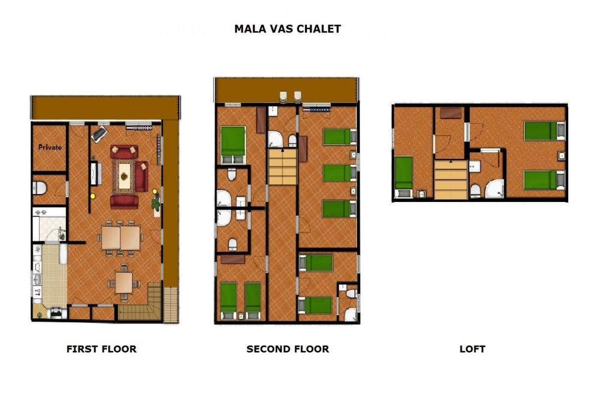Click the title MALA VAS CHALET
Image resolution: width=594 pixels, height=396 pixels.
point(288,29)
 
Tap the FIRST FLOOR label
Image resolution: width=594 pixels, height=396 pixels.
point(101,349)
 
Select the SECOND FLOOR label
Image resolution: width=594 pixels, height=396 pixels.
point(288,349)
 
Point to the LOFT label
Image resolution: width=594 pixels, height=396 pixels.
point(472,349)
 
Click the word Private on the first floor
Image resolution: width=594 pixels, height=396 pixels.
point(50,147)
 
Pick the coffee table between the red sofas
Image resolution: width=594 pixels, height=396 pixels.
point(124,176)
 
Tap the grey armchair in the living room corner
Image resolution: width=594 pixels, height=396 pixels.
point(99,134)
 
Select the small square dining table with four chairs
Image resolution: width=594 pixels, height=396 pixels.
point(124,283)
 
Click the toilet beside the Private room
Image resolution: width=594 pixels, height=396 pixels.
point(40,188)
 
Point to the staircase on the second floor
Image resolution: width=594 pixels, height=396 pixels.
point(283,167)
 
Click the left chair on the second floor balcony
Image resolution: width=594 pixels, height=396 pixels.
point(284,97)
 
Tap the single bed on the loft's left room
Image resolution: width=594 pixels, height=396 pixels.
point(403,177)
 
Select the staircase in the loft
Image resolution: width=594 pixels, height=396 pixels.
point(451,180)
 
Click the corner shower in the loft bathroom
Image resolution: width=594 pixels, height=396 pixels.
point(495,189)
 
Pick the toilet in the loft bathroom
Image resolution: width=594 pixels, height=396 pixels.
point(476,191)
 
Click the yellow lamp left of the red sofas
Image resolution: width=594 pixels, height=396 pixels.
point(93,197)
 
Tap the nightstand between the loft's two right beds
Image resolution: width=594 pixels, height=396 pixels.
point(561,156)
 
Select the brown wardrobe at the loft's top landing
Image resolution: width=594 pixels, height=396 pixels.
point(450,113)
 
